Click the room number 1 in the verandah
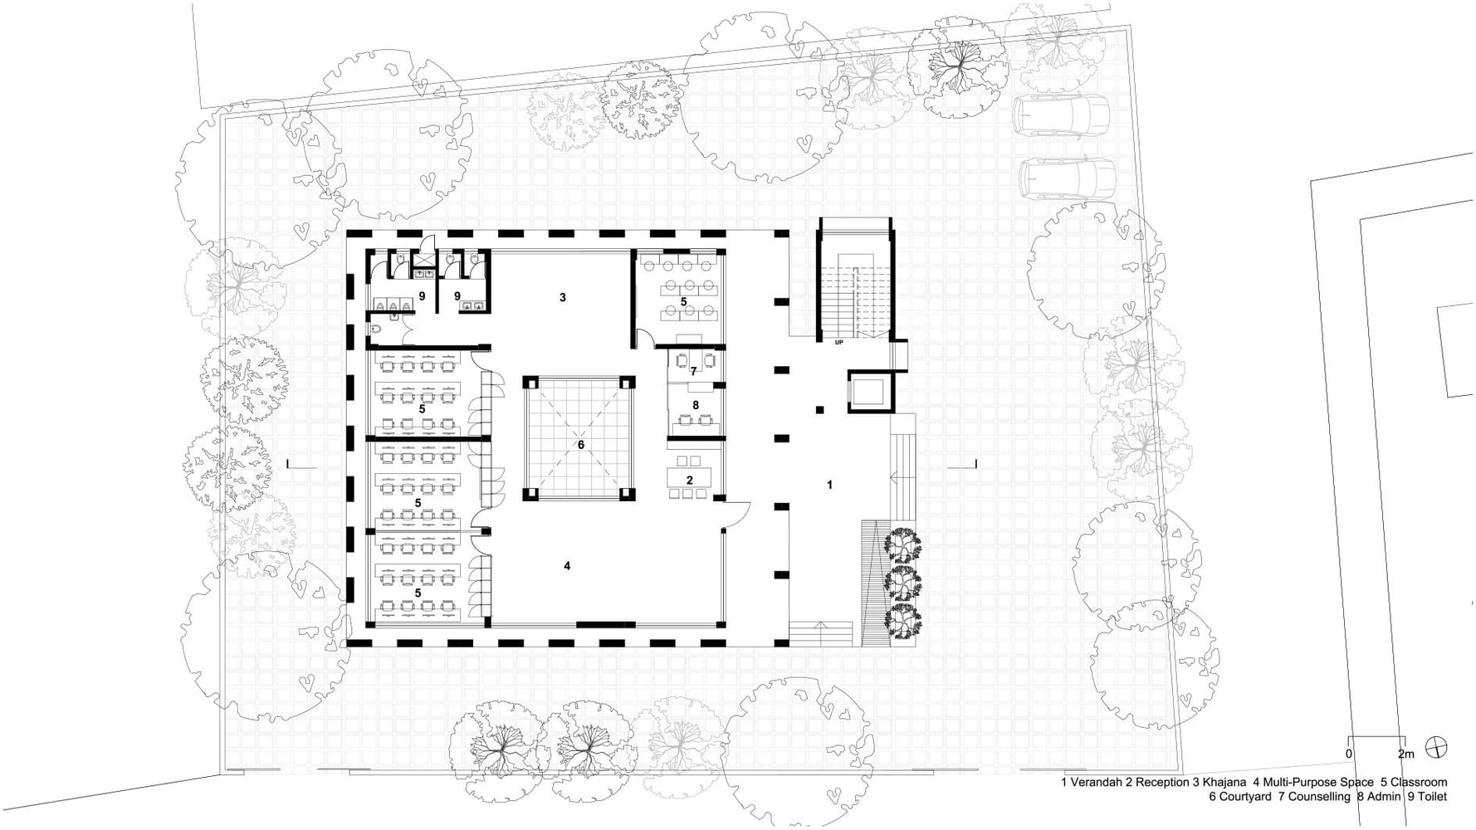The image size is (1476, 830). tap(829, 485)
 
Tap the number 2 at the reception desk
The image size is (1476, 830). tap(689, 480)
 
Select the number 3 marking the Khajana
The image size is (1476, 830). tap(563, 297)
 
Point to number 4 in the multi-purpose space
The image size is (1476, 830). tap(567, 566)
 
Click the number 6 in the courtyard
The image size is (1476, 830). tap(581, 445)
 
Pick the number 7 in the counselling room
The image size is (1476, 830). tap(693, 371)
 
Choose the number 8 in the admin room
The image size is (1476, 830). tap(696, 405)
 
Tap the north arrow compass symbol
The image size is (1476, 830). tap(1435, 747)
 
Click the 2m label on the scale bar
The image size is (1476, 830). tap(1405, 754)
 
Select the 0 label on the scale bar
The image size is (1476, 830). tap(1348, 754)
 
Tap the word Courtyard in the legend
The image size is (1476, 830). tap(1244, 797)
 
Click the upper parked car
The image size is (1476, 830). tap(1060, 115)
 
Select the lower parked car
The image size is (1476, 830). tap(1068, 178)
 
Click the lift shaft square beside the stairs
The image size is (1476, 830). tap(869, 392)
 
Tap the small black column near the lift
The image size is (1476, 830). tap(819, 409)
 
